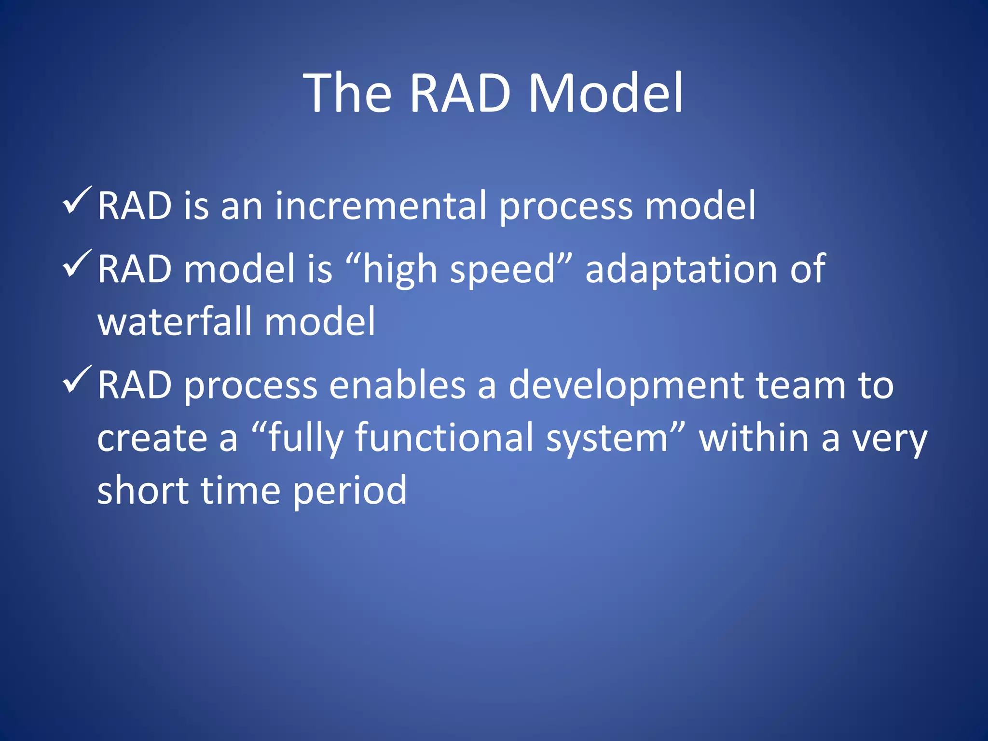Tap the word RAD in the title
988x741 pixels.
(460, 93)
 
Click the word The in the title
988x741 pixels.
(347, 93)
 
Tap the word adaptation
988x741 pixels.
(680, 269)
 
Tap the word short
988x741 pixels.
(143, 491)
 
